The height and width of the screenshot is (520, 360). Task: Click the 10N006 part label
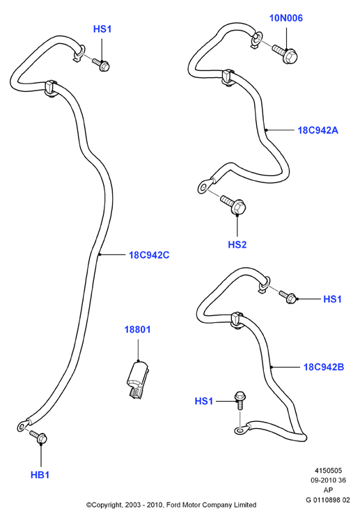click(x=285, y=18)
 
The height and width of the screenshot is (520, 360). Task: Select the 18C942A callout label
click(x=318, y=130)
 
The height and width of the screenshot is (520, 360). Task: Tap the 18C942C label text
click(x=149, y=255)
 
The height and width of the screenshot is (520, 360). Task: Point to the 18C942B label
click(x=324, y=367)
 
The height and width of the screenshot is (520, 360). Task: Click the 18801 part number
click(x=137, y=330)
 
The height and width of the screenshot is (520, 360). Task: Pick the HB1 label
click(x=40, y=475)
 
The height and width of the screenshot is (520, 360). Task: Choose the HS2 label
click(x=237, y=245)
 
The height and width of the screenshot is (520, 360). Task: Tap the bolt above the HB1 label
click(x=38, y=436)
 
